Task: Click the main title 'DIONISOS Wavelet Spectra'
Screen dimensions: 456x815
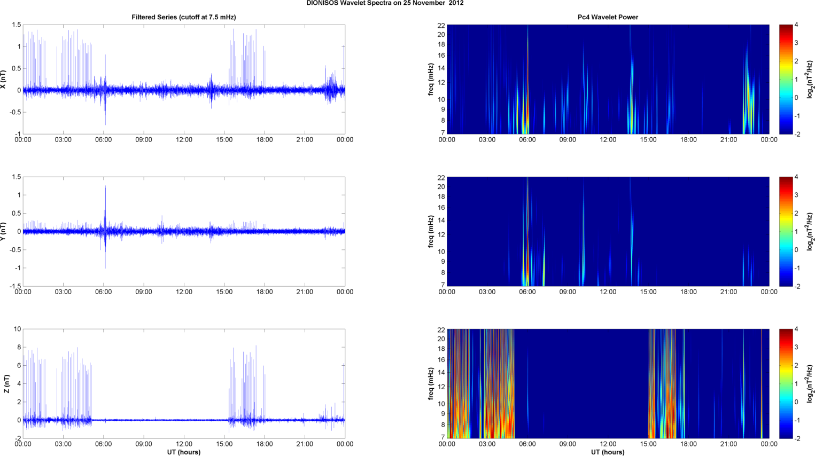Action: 385,3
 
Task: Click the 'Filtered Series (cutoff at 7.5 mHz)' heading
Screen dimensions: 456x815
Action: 184,17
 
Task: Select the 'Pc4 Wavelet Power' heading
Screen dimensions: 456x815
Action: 608,17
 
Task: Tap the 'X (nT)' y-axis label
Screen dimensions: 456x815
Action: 4,79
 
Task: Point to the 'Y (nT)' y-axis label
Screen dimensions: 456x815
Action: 4,231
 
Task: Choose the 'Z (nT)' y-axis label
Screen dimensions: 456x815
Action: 6,383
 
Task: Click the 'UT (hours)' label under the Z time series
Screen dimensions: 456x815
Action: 184,452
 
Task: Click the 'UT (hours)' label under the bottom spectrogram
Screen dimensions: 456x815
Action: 608,452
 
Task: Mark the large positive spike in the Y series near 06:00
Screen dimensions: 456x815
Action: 105,188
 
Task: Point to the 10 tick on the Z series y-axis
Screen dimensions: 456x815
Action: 18,329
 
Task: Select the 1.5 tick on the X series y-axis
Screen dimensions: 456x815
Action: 17,25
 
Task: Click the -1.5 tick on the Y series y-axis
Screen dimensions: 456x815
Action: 15,286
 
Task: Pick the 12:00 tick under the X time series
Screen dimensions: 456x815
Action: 184,140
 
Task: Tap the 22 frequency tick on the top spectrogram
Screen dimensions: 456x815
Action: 441,25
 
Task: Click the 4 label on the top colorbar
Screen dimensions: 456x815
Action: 796,25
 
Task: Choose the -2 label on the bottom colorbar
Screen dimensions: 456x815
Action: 796,438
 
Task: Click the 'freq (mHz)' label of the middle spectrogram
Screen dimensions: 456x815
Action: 431,231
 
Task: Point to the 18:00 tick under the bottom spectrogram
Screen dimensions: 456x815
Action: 688,444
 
